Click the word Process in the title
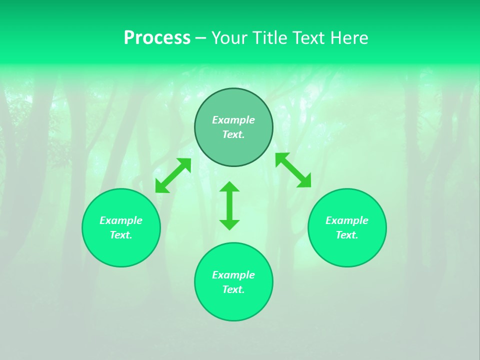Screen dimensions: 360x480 (x=157, y=38)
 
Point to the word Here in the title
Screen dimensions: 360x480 (x=350, y=38)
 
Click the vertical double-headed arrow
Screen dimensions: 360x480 (x=229, y=206)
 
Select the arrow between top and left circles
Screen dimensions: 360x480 (x=173, y=175)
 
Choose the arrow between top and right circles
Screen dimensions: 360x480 (x=293, y=170)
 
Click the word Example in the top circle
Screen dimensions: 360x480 (x=233, y=120)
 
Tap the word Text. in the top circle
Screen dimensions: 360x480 (x=233, y=134)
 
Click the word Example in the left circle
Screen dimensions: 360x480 (x=121, y=220)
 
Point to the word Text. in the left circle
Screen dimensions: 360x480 (x=121, y=235)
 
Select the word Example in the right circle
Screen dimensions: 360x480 (x=347, y=220)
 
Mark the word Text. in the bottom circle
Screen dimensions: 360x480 (x=233, y=289)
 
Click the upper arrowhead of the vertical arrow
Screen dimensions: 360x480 (x=229, y=186)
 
